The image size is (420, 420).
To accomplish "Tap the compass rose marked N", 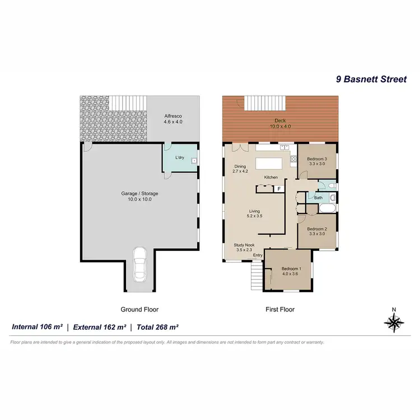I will tap(394, 321).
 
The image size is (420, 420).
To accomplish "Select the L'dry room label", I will tap(180, 158).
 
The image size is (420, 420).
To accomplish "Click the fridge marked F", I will tap(278, 189).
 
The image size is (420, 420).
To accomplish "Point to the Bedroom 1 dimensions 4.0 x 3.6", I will tap(291, 274).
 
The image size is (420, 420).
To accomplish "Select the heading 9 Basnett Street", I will tap(371, 80).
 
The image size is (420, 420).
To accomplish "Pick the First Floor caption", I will tap(281, 309).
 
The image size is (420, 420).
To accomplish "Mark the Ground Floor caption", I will tap(139, 309).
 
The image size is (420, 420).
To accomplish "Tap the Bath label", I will tap(318, 198).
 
